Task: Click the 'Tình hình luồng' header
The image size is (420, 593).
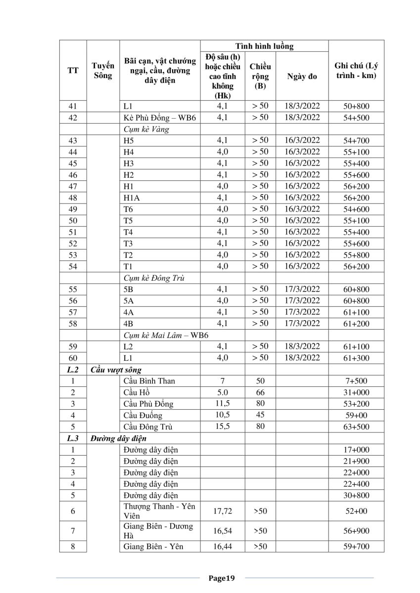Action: (264, 46)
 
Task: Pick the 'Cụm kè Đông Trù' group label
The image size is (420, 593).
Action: (154, 278)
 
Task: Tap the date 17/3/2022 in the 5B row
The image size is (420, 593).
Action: (302, 289)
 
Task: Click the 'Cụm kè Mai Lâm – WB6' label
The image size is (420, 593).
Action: (166, 335)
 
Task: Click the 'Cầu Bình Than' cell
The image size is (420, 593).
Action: (149, 381)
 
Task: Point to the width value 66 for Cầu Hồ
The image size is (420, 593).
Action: (260, 392)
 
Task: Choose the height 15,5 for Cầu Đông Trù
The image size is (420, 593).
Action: (223, 426)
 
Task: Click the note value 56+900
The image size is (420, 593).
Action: (356, 531)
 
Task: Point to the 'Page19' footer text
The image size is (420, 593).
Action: (221, 578)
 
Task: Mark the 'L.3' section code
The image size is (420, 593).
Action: (73, 438)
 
